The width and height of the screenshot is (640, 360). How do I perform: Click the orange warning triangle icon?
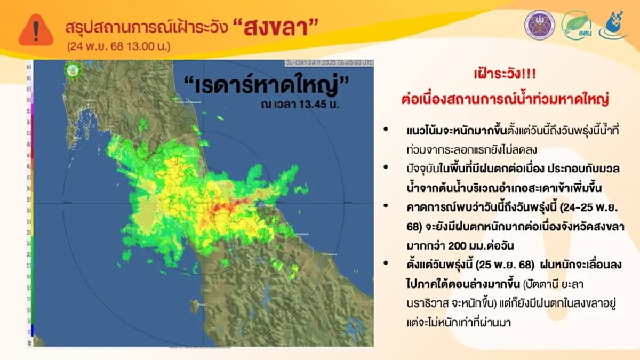[x=36, y=30]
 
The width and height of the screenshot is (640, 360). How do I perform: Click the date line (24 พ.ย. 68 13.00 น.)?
[x=118, y=46]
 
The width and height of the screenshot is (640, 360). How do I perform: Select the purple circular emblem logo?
[x=539, y=25]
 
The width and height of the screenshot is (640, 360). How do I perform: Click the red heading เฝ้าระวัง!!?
[x=502, y=75]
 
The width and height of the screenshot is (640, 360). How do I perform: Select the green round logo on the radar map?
[x=73, y=69]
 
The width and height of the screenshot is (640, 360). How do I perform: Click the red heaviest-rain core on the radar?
[x=227, y=206]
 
